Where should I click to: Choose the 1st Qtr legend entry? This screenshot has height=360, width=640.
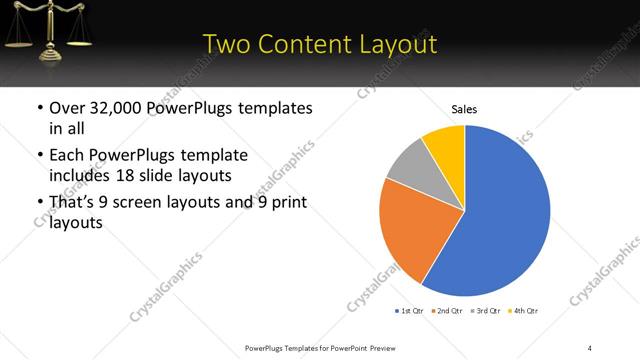412,312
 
